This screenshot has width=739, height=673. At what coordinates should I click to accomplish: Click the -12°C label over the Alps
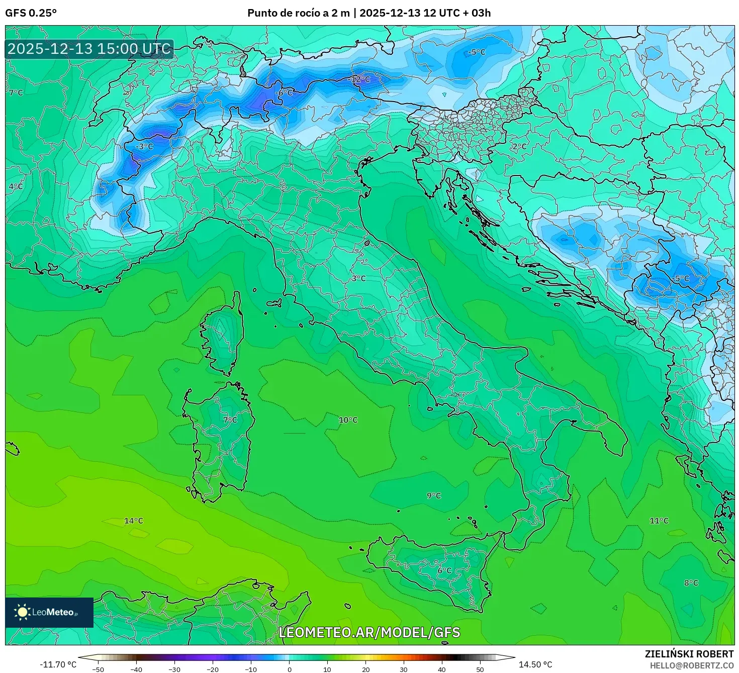[x=359, y=79]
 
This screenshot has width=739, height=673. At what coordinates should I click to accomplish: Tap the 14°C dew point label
[x=134, y=521]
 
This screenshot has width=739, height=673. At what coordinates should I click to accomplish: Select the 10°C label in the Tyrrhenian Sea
[x=348, y=420]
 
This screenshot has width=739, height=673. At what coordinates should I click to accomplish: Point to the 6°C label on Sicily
[x=444, y=570]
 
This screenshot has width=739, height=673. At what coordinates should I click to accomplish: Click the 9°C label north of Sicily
[x=434, y=495]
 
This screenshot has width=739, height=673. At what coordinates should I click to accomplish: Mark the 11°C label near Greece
[x=659, y=521]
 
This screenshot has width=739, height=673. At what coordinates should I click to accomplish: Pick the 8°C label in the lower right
[x=691, y=583]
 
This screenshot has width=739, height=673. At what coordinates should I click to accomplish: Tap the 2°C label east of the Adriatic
[x=519, y=147]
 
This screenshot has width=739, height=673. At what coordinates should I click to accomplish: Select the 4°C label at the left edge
[x=16, y=187]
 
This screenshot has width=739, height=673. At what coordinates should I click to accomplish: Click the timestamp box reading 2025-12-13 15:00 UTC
[x=89, y=49]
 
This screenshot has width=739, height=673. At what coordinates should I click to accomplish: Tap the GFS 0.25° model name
[x=31, y=13]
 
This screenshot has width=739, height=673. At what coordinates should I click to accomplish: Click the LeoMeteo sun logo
[x=22, y=612]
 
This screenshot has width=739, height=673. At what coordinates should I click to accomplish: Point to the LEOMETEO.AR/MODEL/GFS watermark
[x=369, y=632]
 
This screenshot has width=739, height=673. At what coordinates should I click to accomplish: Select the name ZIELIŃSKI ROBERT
[x=689, y=654]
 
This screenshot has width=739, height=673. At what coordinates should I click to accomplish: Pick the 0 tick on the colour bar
[x=289, y=669]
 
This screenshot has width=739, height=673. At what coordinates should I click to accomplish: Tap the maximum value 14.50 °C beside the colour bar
[x=535, y=664]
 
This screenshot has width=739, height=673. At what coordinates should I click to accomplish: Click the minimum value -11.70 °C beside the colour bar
[x=58, y=664]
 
